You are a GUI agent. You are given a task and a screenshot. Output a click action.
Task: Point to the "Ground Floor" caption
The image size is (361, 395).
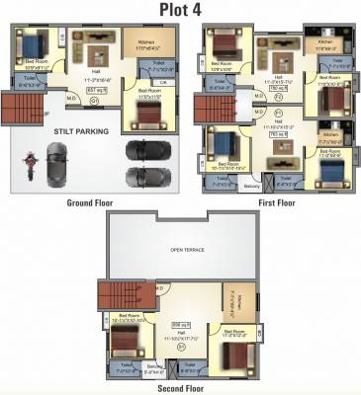90,203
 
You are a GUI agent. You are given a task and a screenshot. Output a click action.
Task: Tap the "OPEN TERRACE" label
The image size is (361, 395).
187,250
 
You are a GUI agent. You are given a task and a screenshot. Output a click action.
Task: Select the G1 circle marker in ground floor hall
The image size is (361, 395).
95,100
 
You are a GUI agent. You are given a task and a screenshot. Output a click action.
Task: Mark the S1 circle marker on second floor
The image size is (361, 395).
181,347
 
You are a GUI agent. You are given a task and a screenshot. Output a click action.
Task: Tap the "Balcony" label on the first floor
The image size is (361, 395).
251,185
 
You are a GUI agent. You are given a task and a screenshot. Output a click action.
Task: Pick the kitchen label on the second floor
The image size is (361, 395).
229,297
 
